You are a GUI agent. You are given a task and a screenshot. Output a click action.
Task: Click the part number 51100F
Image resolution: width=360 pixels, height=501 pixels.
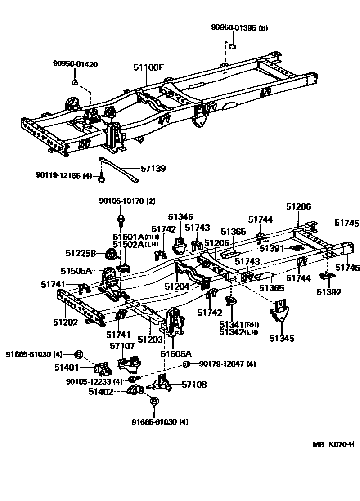(x=148, y=68)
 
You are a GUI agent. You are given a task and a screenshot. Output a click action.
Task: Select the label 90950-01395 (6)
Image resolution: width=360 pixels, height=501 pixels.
(x=239, y=28)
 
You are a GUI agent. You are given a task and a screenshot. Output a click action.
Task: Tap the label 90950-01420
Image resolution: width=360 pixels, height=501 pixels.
(x=75, y=64)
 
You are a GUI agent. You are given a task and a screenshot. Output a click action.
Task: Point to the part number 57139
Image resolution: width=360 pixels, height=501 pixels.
(x=153, y=169)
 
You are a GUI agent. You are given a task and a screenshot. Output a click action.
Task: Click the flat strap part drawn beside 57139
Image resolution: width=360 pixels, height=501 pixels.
(x=119, y=170)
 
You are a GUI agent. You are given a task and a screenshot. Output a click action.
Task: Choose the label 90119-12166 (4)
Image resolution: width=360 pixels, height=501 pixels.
(x=64, y=175)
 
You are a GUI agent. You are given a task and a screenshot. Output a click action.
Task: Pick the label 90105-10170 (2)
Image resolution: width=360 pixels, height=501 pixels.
(x=127, y=201)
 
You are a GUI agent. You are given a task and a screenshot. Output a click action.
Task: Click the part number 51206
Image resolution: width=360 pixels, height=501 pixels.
(x=299, y=206)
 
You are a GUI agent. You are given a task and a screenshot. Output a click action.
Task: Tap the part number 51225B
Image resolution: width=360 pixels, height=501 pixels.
(x=81, y=253)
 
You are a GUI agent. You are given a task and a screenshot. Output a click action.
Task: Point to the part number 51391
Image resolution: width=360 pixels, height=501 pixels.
(x=272, y=248)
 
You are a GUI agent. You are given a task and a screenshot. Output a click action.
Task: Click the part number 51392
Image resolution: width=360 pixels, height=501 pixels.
(x=328, y=292)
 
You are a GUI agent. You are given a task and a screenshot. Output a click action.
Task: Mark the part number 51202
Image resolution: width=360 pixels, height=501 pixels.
(x=66, y=322)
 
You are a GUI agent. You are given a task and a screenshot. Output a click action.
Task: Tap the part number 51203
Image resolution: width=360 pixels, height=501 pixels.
(x=150, y=340)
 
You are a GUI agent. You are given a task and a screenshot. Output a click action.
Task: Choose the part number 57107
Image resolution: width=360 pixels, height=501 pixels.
(x=122, y=346)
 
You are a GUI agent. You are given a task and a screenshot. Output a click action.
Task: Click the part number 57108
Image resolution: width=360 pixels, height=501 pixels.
(x=194, y=384)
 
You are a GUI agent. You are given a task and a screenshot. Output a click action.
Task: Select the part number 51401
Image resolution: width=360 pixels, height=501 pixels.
(x=67, y=367)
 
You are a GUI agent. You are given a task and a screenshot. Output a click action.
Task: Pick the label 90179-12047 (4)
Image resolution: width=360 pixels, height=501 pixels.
(x=227, y=364)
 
